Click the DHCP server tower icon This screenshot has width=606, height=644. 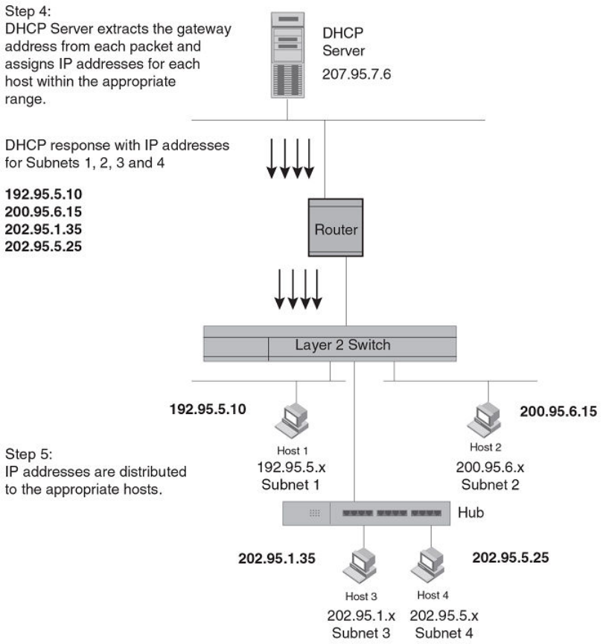(290, 51)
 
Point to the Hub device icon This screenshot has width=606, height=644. (366, 513)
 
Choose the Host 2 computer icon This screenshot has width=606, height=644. (482, 420)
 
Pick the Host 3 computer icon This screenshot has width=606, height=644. (360, 570)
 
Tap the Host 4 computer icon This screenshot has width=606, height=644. (427, 570)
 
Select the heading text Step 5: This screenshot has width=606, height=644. (25, 454)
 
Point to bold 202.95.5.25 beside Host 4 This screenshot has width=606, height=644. (511, 556)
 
